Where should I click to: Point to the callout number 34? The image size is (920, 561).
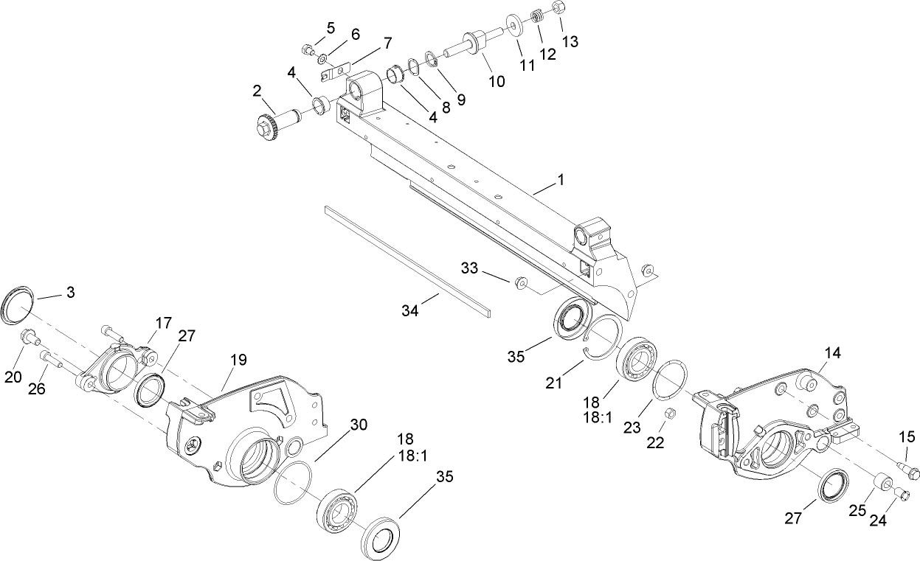[x=410, y=311]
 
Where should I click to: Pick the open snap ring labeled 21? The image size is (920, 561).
[x=598, y=338]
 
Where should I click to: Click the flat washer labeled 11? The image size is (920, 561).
[x=513, y=22]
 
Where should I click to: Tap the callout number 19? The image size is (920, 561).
[x=238, y=360]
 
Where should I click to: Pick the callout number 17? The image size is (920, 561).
[x=163, y=323]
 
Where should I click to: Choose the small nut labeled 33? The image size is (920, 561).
[x=520, y=282]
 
